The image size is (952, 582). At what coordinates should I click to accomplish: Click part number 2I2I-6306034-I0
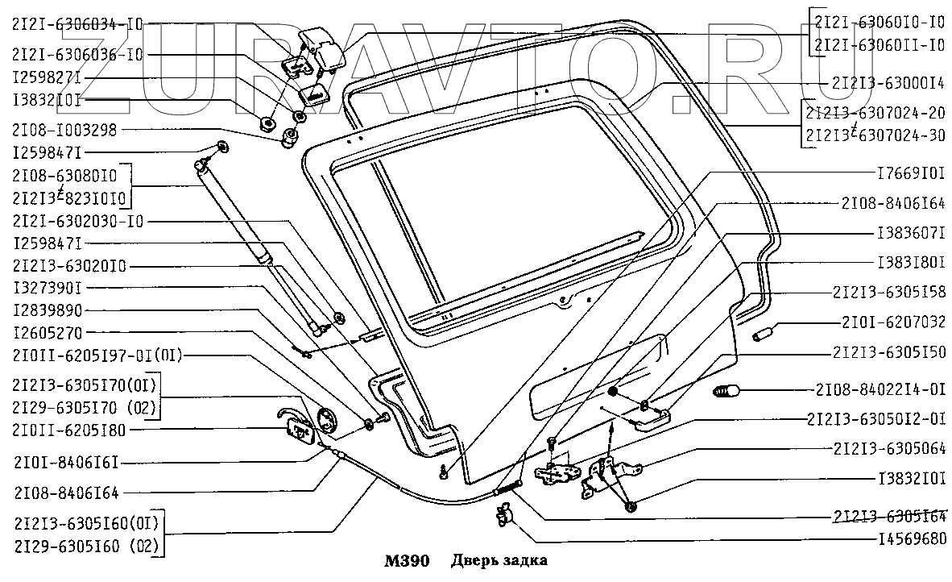pos(77,25)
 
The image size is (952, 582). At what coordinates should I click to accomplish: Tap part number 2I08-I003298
pos(65,129)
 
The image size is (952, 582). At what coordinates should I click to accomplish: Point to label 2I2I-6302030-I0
pos(78,221)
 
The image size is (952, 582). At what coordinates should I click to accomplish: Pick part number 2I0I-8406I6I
pos(65,464)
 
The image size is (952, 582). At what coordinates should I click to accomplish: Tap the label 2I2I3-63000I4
pos(888,82)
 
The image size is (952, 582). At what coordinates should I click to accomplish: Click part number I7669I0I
pos(910,173)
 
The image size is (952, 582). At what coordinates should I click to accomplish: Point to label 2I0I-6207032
pos(893,322)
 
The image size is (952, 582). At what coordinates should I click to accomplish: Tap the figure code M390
pos(407,561)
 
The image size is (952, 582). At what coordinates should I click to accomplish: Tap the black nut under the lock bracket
pos(630,506)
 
